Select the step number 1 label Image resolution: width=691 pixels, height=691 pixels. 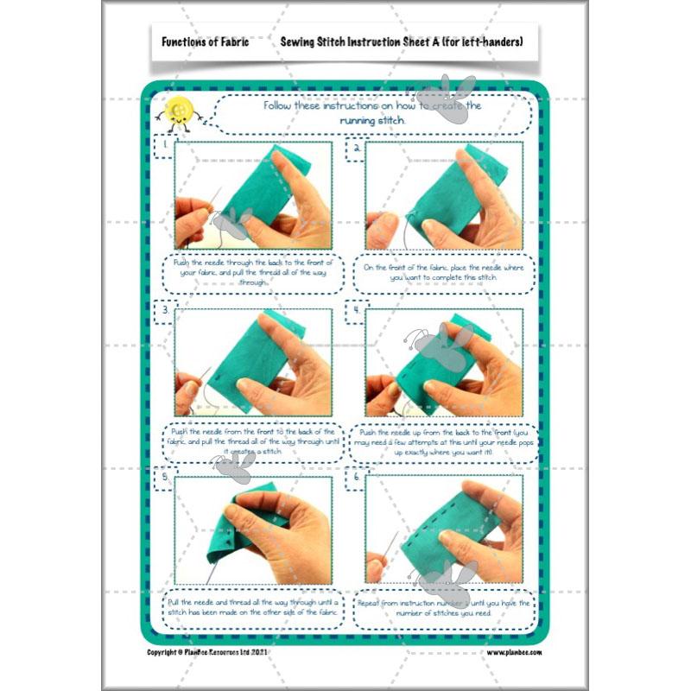[x=164, y=147]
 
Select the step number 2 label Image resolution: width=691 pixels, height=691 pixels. [x=356, y=148]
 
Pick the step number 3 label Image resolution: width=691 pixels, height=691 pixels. [x=164, y=309]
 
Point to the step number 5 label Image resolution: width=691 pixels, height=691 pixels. [x=164, y=476]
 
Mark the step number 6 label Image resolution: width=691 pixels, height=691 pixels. [x=356, y=476]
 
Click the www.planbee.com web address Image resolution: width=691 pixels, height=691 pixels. [x=514, y=653]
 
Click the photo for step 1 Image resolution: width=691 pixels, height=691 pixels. [x=253, y=195]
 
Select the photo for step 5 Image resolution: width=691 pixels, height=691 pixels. [x=253, y=530]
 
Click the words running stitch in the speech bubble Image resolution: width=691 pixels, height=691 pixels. [x=372, y=122]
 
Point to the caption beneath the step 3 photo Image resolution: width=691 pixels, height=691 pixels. [x=253, y=441]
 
